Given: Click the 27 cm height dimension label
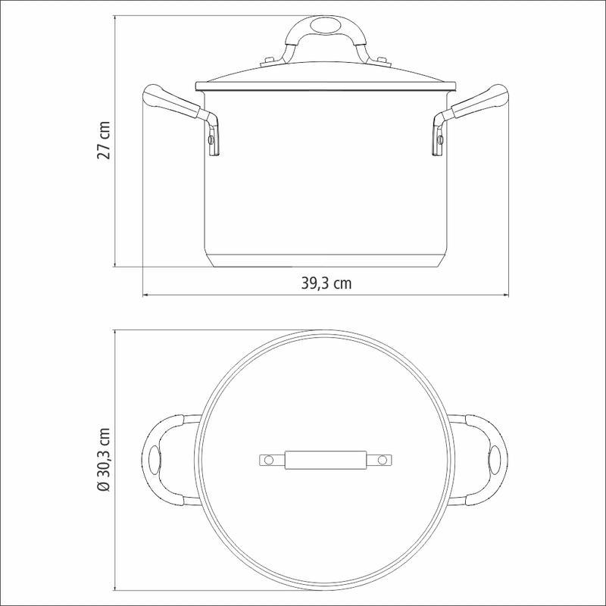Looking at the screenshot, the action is pos(105,140).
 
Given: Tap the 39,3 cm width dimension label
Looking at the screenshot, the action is pos(326,283).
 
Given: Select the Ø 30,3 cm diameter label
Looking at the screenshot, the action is pos(105,459).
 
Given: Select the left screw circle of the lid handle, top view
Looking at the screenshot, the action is pos(269,460).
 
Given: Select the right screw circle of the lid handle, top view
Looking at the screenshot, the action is pos(383,460).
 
